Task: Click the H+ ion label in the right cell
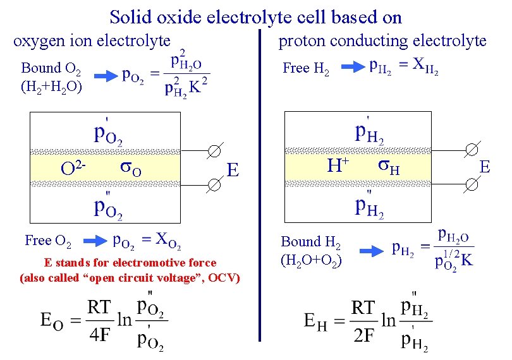pyautogui.click(x=338, y=165)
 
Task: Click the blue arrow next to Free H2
pyautogui.click(x=352, y=66)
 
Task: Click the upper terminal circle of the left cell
pyautogui.click(x=214, y=152)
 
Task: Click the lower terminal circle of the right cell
pyautogui.click(x=471, y=184)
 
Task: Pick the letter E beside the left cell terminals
pyautogui.click(x=233, y=171)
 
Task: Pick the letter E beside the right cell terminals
pyautogui.click(x=485, y=167)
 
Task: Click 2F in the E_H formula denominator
pyautogui.click(x=364, y=335)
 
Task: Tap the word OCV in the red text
pyautogui.click(x=221, y=278)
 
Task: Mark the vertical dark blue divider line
pyautogui.click(x=259, y=189)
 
